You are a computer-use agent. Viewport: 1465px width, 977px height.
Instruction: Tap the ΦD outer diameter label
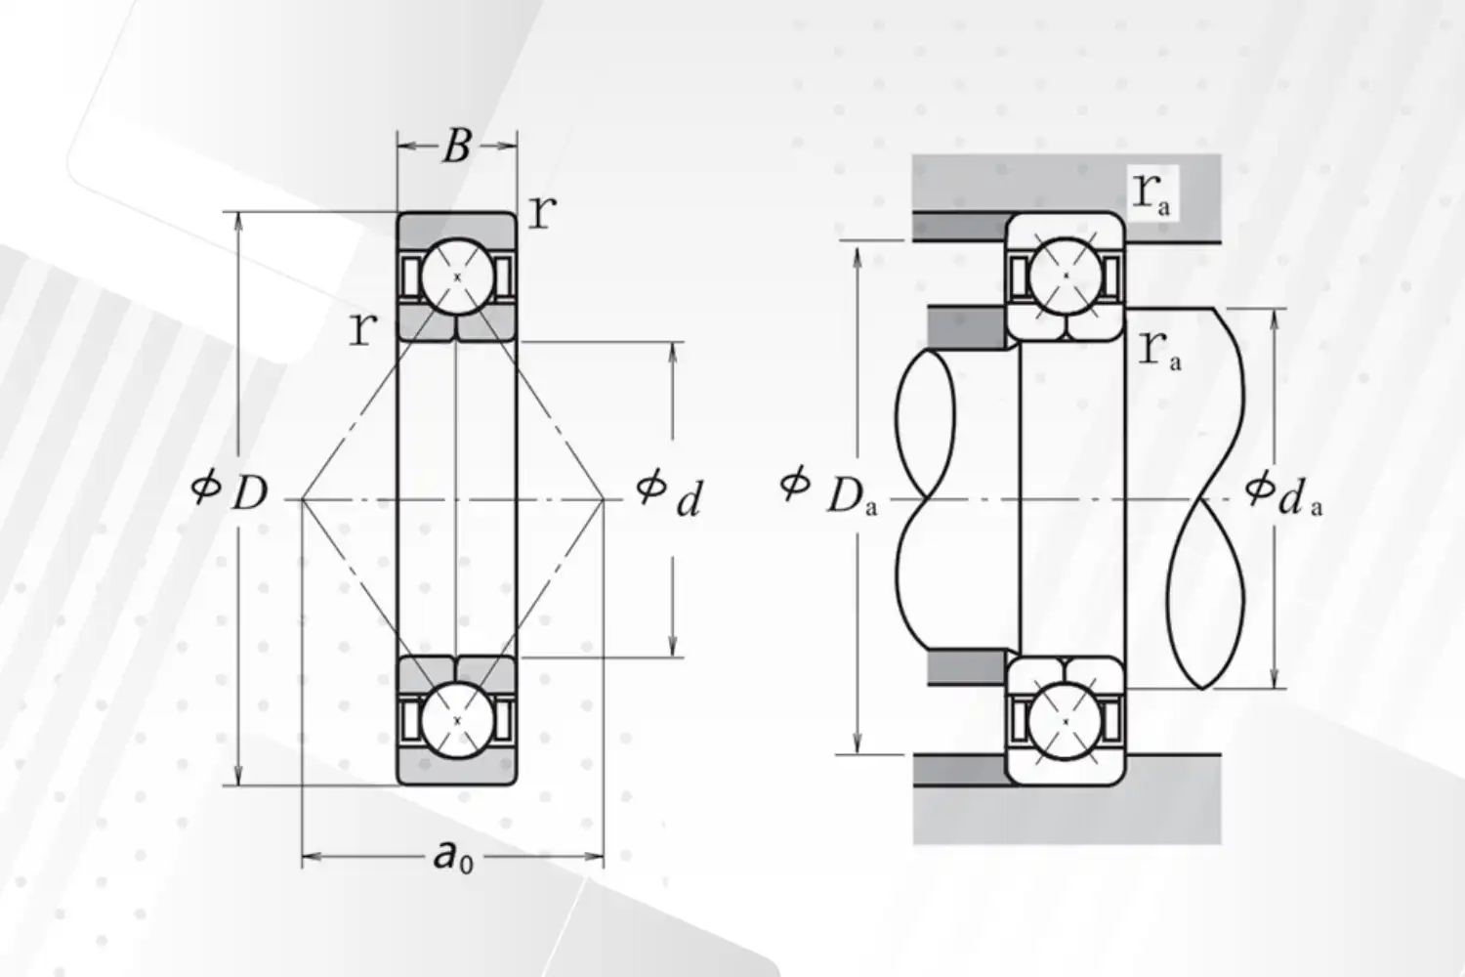coord(230,490)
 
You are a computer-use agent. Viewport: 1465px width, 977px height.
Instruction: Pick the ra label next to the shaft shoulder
coord(1159,349)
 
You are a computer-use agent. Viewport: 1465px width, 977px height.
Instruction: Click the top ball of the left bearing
coord(456,277)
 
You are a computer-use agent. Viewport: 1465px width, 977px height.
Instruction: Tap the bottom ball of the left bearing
coord(456,719)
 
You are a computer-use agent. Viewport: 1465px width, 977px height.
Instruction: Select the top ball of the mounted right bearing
coord(1066,276)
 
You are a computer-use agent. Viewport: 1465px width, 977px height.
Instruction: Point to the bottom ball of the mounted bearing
coord(1066,720)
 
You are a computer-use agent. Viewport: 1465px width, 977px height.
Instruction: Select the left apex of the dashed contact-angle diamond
coord(303,499)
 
